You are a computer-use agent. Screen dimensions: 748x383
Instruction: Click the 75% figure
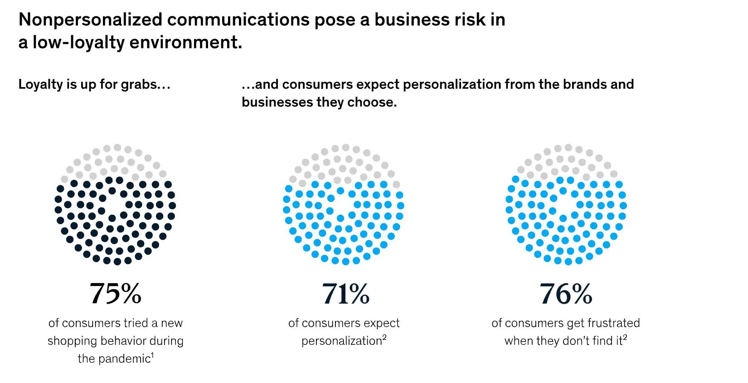116,294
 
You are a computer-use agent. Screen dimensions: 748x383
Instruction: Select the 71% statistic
345,294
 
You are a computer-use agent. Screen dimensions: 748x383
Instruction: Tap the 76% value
566,294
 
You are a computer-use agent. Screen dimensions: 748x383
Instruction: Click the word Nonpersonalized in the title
91,20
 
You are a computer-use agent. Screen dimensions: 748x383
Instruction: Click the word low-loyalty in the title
78,43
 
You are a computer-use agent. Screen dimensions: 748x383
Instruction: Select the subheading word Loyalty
40,85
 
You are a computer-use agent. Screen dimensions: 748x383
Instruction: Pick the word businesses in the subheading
277,102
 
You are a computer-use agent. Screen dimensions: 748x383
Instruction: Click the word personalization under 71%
342,341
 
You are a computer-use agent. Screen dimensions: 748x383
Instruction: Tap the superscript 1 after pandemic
152,356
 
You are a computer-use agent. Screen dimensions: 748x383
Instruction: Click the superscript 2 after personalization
384,338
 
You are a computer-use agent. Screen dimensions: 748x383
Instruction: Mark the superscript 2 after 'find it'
625,338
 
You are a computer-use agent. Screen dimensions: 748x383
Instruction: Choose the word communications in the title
238,20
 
